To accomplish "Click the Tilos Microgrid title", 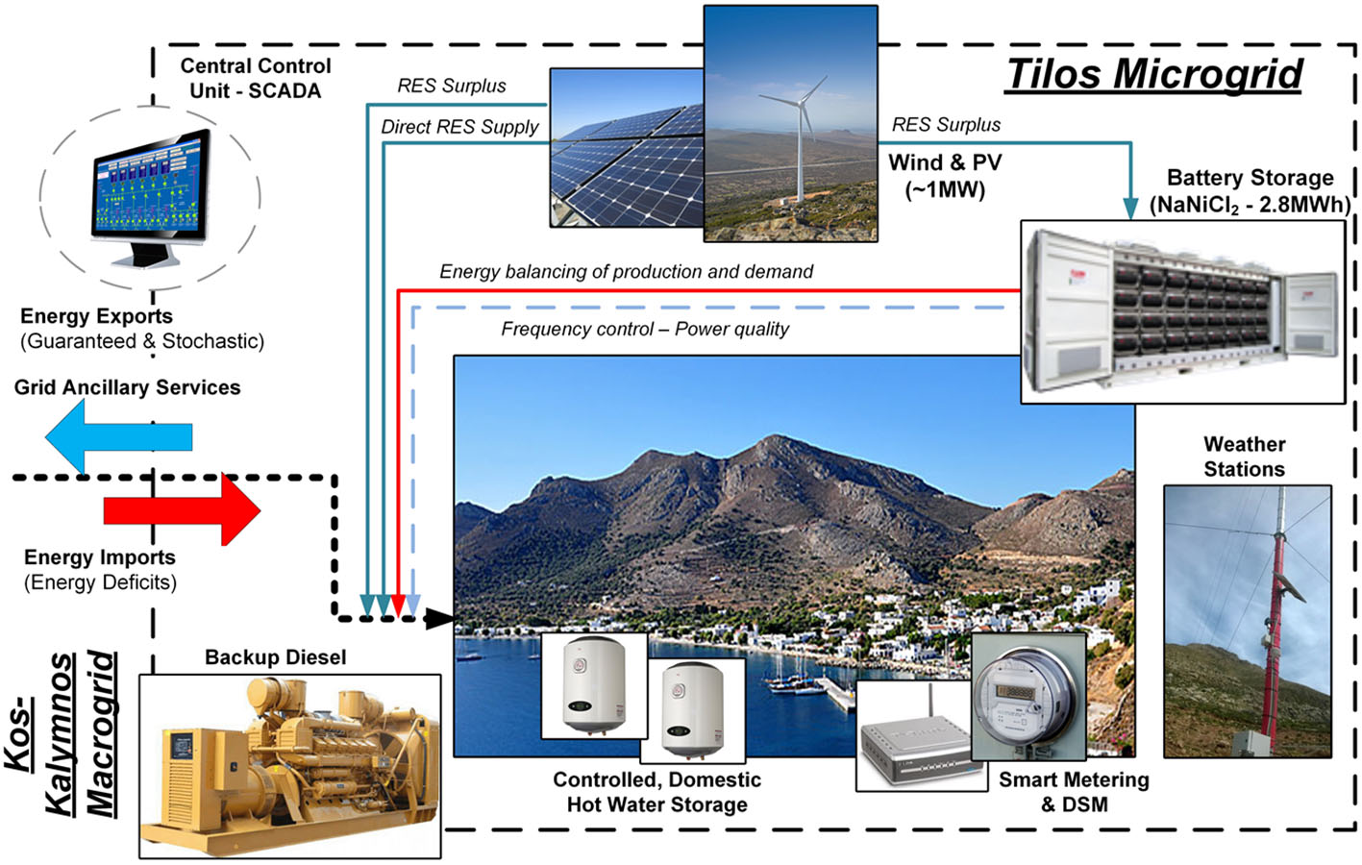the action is [1153, 74].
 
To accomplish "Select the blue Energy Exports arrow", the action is [118, 436].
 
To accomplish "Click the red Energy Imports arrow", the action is [182, 509].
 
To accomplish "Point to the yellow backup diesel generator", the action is [289, 765].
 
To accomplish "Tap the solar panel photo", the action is [627, 148].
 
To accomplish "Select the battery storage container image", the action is [1182, 311].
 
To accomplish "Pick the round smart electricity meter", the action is [1028, 697].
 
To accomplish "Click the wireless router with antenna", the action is [921, 738].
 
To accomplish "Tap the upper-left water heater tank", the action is [594, 684].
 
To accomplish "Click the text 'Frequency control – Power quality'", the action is [645, 329].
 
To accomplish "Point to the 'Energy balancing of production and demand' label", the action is [627, 271].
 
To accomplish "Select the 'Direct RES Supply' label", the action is [459, 127].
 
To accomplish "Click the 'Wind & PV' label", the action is [945, 163].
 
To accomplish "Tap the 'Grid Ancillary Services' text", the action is [127, 387].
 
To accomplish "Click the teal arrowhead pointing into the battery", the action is [1130, 209].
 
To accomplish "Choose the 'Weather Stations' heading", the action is [1244, 457].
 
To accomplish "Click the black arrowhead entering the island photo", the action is [439, 618].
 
